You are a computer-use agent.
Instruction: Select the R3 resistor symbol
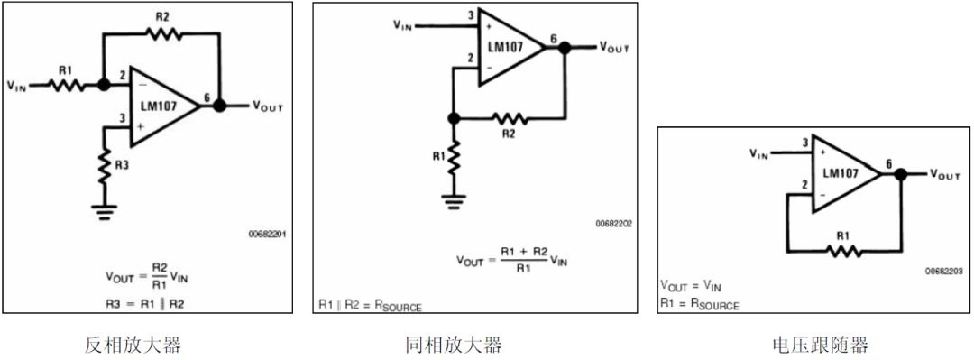[105, 166]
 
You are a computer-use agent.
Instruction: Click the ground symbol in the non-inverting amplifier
[454, 200]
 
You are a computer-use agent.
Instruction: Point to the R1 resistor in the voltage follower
[843, 251]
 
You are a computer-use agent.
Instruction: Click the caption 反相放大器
[133, 344]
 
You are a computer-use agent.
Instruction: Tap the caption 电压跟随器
[819, 344]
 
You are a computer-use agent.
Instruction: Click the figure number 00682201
[267, 234]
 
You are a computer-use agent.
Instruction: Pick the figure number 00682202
[613, 223]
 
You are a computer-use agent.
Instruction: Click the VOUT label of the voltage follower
[945, 175]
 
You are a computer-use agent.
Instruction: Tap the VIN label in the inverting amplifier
[17, 86]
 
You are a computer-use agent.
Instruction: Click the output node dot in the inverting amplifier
[219, 106]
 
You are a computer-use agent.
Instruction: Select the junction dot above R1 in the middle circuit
[454, 118]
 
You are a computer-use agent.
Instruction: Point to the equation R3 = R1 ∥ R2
[145, 304]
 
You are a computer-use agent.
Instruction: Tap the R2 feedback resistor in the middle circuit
[510, 117]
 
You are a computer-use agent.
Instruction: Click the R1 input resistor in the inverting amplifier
[66, 85]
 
